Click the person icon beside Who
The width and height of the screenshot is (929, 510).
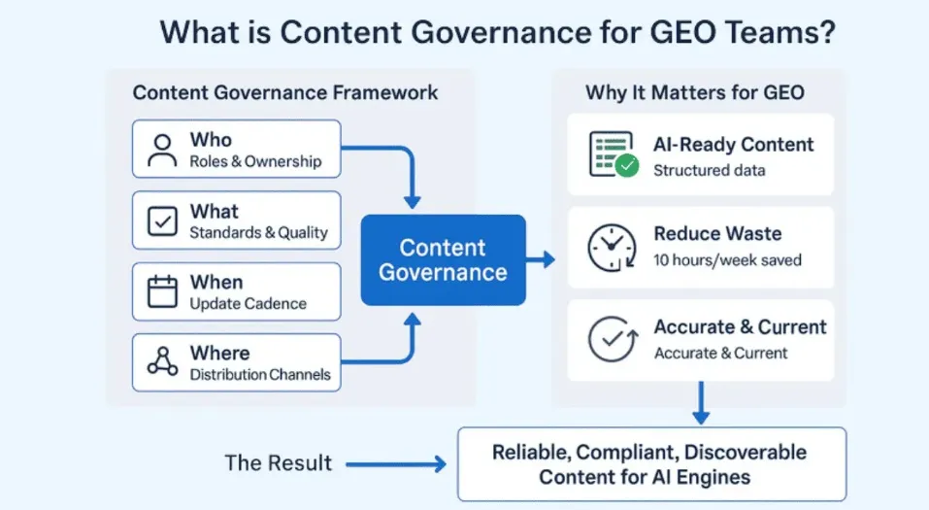pos(161,149)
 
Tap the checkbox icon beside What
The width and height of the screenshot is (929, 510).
pos(161,221)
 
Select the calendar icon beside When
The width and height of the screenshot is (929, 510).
pos(161,291)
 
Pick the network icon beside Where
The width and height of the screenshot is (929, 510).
pos(161,362)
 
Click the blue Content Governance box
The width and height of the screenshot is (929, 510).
pos(443,260)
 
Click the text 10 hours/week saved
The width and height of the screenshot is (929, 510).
pos(727,260)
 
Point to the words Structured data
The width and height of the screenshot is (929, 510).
pos(709,171)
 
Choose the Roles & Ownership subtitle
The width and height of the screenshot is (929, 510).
pos(255,161)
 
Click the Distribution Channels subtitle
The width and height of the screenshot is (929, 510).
pos(260,375)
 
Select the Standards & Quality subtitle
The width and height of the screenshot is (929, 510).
pos(258,233)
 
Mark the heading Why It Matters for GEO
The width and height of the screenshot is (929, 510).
pos(694,93)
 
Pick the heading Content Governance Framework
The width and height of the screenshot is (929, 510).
pos(285,93)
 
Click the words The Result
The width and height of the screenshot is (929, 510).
pos(279,463)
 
